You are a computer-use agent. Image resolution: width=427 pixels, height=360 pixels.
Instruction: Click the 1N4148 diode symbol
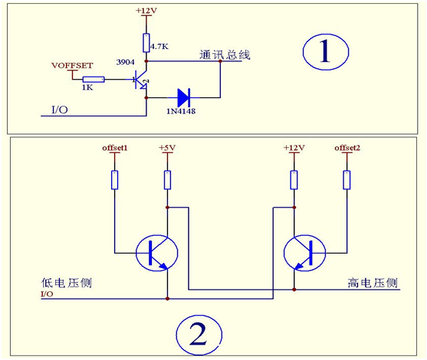183,97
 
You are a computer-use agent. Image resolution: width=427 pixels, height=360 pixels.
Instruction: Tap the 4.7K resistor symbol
146,43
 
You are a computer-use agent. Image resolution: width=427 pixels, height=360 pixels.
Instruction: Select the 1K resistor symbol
94,80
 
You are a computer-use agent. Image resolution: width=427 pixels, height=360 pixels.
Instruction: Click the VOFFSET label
72,66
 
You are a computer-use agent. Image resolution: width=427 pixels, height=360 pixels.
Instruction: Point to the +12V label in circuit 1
146,11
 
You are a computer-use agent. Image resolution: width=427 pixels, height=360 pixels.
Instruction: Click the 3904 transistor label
125,62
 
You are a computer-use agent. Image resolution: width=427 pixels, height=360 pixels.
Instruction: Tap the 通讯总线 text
225,54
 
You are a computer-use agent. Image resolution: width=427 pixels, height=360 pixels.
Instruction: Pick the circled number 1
326,51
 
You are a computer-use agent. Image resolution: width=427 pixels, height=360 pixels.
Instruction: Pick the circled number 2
199,335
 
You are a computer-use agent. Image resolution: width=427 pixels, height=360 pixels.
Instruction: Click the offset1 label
115,148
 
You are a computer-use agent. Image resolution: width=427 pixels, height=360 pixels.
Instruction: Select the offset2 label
347,148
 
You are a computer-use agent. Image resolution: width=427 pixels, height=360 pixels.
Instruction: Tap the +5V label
167,148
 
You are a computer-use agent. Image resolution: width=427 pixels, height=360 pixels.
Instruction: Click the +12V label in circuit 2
294,148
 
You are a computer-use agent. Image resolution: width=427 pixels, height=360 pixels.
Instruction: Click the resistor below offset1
115,180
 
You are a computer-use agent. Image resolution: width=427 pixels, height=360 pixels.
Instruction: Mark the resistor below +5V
167,180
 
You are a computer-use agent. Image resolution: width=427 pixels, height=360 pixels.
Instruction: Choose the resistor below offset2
347,180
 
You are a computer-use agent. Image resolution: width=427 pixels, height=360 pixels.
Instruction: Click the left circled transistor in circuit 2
157,253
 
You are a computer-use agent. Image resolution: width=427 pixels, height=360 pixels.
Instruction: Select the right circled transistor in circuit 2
305,253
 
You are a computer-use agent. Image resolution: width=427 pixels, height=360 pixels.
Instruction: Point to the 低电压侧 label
67,283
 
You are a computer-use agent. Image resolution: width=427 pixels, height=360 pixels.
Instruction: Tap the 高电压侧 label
373,283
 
